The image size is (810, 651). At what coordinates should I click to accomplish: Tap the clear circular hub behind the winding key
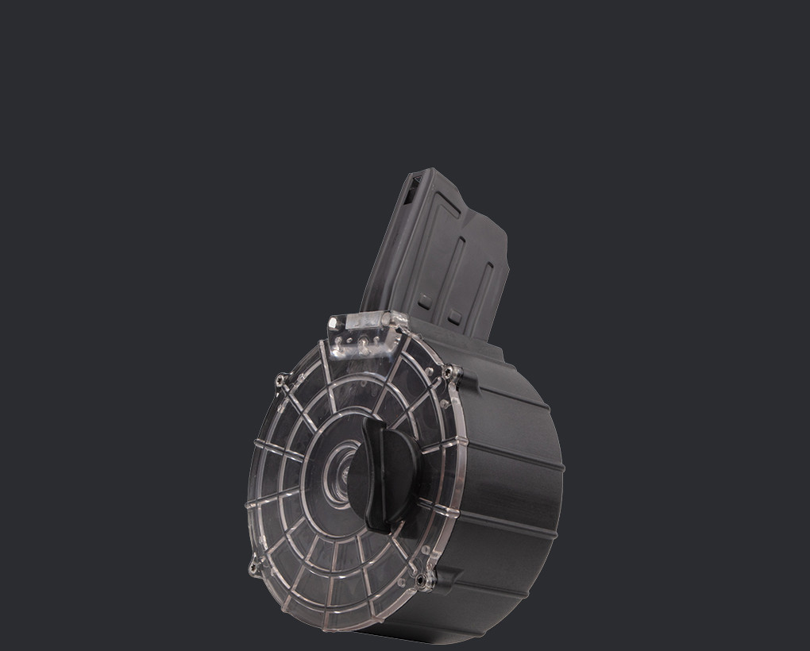coord(343,474)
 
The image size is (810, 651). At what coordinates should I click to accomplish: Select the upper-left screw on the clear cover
coord(280,381)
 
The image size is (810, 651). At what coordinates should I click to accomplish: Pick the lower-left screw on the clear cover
coord(255,568)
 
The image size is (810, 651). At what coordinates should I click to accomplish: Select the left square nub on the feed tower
coord(426,302)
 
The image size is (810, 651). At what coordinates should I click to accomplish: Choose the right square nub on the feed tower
coord(455,317)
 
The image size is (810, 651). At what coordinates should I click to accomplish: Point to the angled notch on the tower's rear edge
coord(503,238)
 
